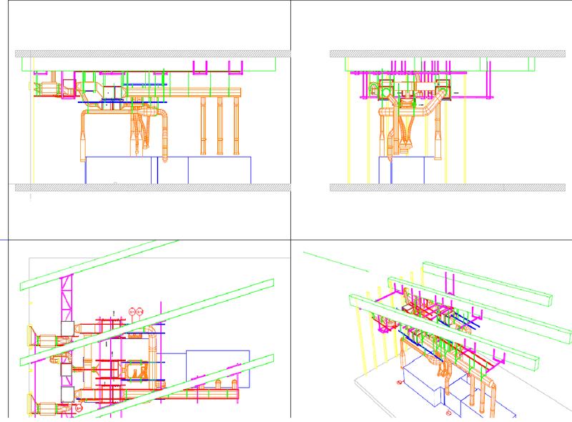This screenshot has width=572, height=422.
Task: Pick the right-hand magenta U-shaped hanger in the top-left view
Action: point(235,67)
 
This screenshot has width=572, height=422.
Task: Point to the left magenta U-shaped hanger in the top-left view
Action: point(199,67)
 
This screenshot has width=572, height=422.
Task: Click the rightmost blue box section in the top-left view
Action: point(220,170)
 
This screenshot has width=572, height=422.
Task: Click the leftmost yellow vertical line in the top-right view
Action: point(347,129)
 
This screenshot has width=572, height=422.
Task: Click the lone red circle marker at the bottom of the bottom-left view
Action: point(79,408)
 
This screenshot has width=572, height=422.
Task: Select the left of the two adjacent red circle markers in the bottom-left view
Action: point(132,311)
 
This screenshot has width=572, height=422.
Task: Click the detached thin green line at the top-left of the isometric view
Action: point(336,261)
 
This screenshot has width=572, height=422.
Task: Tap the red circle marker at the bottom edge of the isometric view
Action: point(448,413)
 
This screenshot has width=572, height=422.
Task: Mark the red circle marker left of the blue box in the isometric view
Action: point(399,381)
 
